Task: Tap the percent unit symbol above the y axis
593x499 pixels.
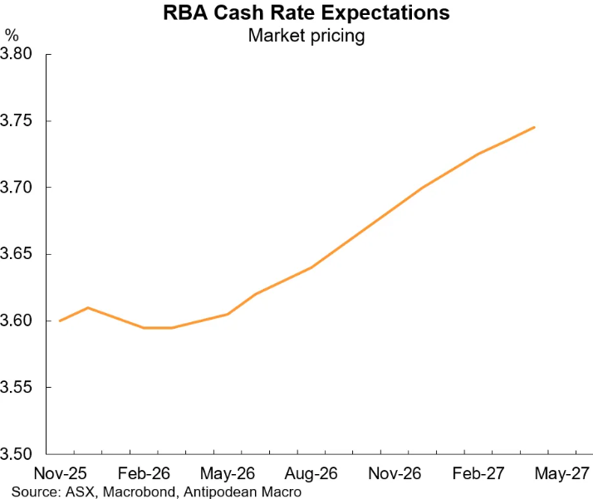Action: [12, 34]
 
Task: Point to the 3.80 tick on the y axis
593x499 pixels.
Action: [17, 55]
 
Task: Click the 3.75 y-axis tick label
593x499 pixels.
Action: [17, 121]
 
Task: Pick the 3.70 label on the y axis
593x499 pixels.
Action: [17, 188]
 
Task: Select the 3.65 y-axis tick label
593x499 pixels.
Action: [17, 254]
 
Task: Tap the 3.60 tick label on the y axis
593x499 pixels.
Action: [17, 321]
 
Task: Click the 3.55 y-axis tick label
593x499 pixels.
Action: [17, 388]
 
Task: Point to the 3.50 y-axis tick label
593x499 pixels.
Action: [17, 454]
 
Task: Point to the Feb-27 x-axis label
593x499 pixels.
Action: [478, 474]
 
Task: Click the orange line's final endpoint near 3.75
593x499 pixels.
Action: [535, 127]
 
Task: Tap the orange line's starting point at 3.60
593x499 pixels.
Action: [60, 320]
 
